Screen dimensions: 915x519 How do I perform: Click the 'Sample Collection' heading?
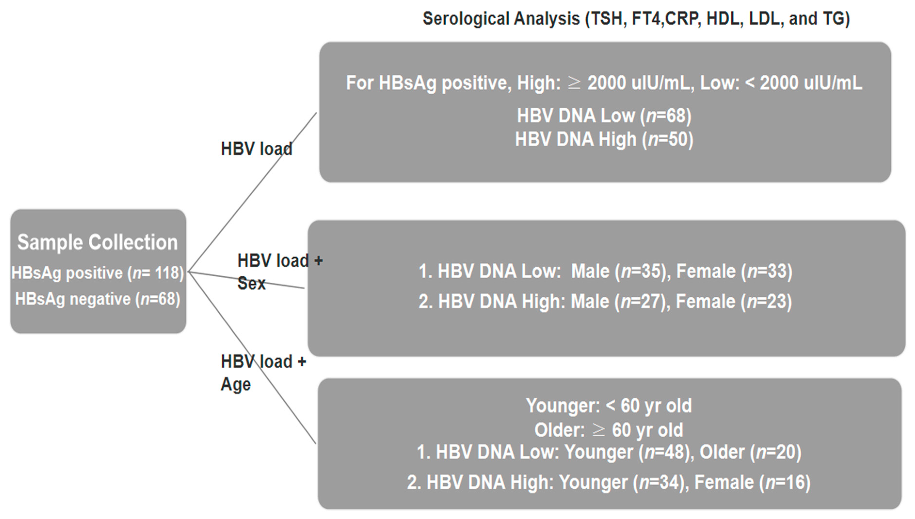(97, 243)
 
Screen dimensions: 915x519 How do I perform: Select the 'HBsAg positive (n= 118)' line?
(97, 273)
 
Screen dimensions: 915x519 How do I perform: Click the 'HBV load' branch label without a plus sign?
(256, 149)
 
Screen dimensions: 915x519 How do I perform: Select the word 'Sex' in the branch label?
(251, 284)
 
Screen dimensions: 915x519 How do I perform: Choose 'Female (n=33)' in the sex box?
(734, 272)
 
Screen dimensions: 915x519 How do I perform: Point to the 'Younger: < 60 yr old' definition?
(609, 406)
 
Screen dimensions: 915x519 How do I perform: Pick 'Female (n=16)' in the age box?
(753, 483)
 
